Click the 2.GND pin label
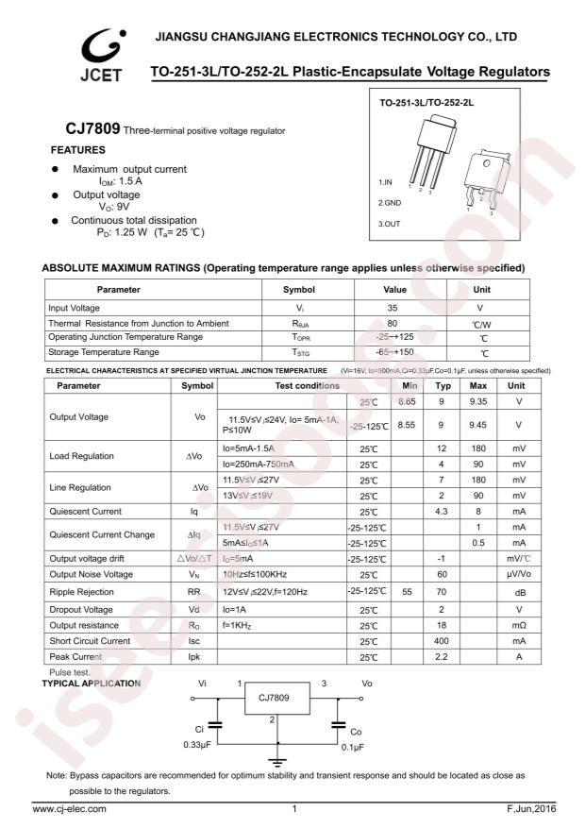tap(390, 202)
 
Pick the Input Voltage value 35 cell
tap(393, 308)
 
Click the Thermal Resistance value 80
tap(393, 323)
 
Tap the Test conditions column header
tap(281, 386)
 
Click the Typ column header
tap(443, 386)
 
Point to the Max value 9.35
tap(478, 402)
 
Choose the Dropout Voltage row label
tap(82, 610)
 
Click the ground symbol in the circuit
tap(276, 761)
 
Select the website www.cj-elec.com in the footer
tap(70, 809)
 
